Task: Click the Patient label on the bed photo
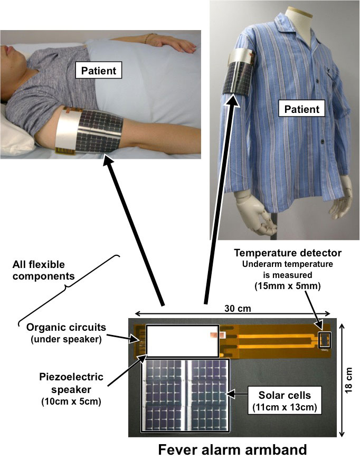pos(99,70)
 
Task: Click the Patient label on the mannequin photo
pos(302,109)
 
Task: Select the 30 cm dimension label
pos(238,309)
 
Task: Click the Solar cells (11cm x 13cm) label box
pos(285,400)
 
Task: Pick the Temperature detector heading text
pos(288,253)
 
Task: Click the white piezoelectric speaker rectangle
pos(183,341)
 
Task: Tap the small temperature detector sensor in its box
pos(325,340)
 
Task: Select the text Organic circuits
pos(66,327)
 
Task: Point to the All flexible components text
pos(43,270)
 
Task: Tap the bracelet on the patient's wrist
pos(150,37)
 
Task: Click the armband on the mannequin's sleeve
pos(238,71)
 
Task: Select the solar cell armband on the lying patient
pos(90,131)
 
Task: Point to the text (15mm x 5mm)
pos(288,286)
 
